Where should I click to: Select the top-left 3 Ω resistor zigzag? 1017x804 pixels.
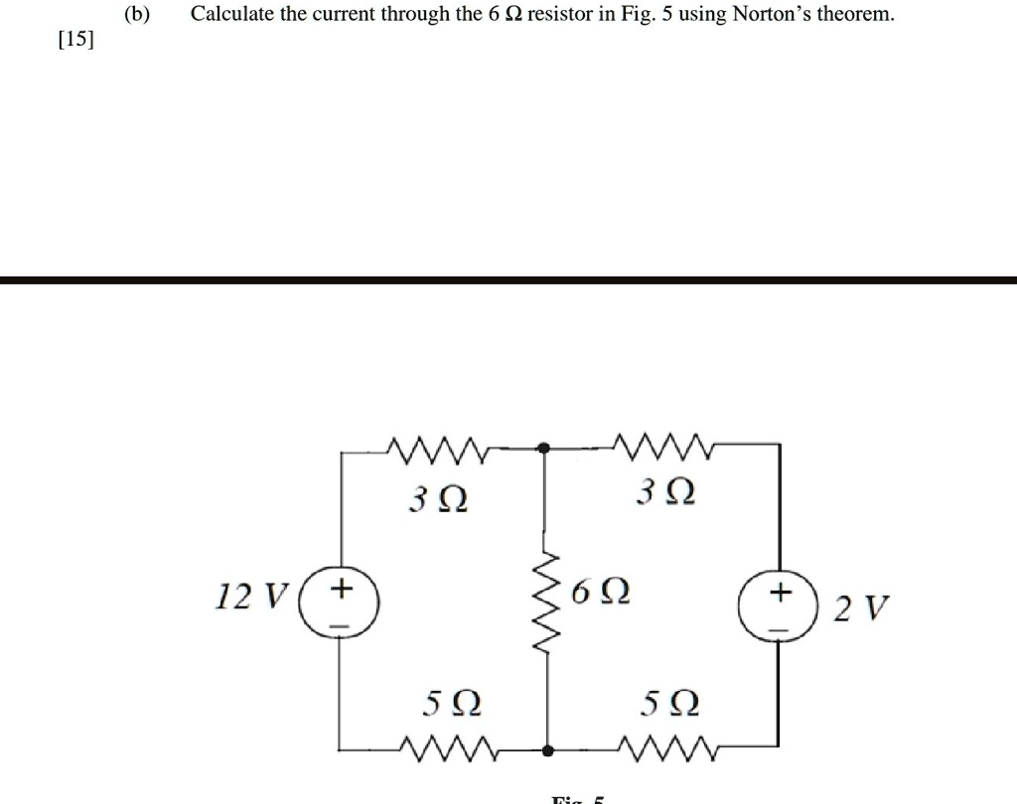pos(438,451)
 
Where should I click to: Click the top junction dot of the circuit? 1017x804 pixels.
pos(544,449)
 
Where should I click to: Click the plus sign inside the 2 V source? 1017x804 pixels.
pos(780,593)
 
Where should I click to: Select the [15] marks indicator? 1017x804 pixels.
pos(75,41)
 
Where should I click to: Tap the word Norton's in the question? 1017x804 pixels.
pos(773,14)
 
